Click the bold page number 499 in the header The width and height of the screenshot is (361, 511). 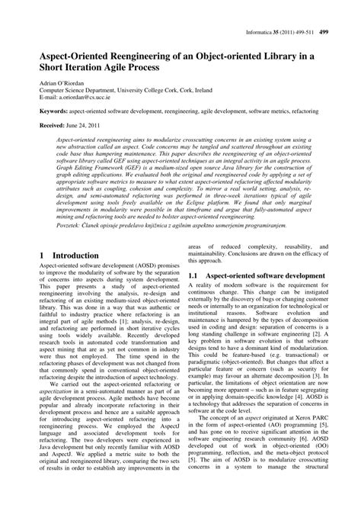[345, 11]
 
